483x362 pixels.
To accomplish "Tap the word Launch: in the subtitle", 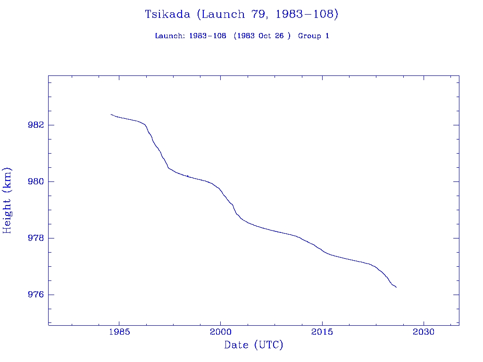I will [170, 36].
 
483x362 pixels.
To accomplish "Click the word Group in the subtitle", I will [308, 36].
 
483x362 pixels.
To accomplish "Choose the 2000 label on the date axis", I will [220, 332].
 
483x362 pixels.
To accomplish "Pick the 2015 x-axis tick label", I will [322, 332].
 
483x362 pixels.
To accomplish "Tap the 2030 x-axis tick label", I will [424, 332].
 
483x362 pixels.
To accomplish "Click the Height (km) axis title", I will [7, 200].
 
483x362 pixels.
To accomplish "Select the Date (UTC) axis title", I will [254, 345].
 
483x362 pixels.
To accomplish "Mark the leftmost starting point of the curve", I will [111, 114].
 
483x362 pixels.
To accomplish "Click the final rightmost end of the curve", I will [396, 287].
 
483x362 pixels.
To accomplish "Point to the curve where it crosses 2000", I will [220, 190].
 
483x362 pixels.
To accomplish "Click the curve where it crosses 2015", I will [322, 251].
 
